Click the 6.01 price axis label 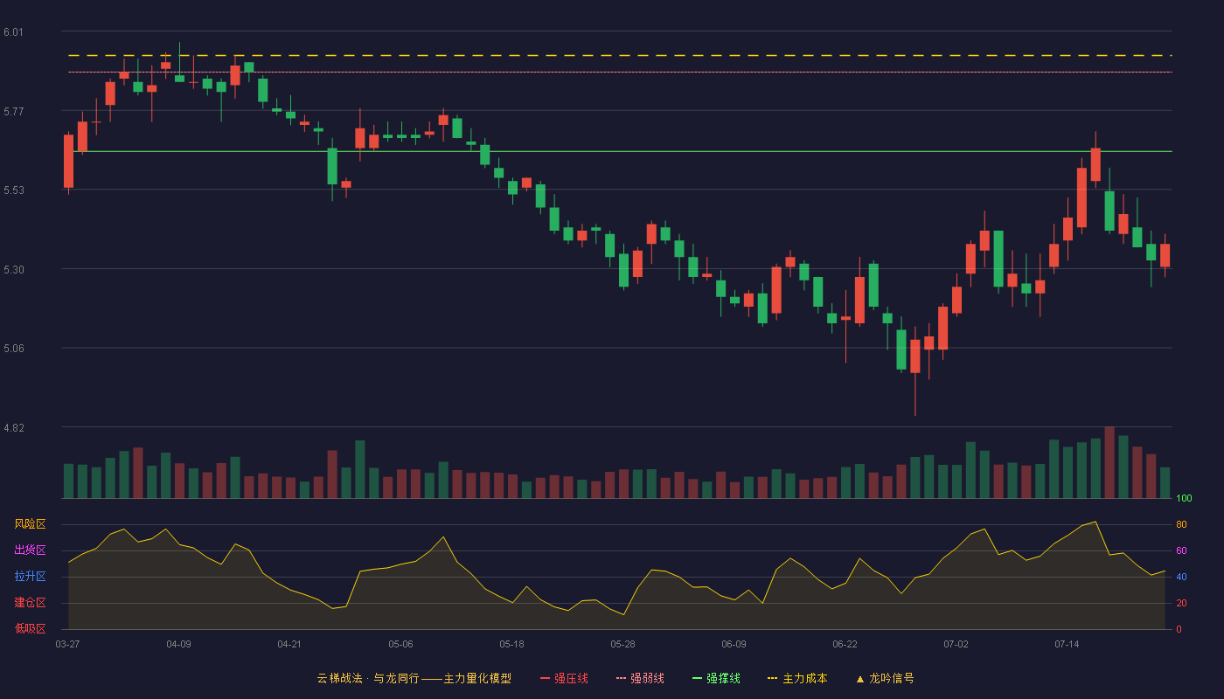pos(14,32)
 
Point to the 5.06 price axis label pos(14,349)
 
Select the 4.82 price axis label pos(14,427)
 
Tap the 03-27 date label pos(68,645)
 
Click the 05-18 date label pos(511,645)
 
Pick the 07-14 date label pos(1067,645)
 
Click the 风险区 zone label pos(30,524)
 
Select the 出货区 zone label pos(30,550)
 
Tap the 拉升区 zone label pos(30,576)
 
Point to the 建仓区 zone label pos(30,602)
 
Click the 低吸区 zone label pos(30,628)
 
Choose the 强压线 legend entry pos(564,678)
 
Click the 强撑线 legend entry pos(716,678)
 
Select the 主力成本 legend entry pos(797,678)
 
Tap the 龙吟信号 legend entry pos(885,678)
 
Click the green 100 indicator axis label pos(1184,498)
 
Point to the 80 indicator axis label pos(1181,524)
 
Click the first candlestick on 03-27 pos(68,162)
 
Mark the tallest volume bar pos(1109,462)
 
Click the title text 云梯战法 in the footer pos(340,678)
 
